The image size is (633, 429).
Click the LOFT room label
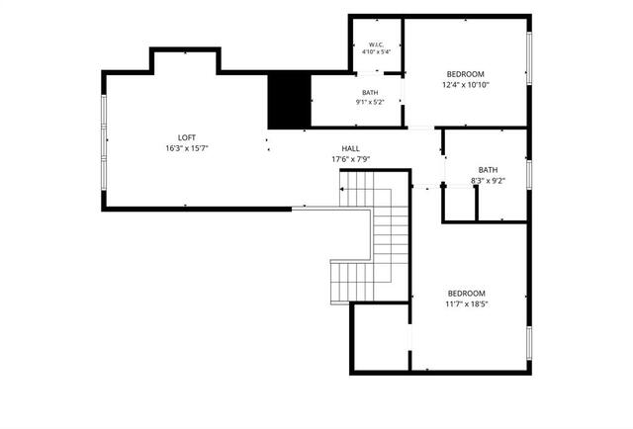click(x=187, y=137)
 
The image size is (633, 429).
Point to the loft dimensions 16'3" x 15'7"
click(x=187, y=148)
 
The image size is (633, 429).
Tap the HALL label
click(x=351, y=148)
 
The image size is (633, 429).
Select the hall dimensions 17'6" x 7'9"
click(x=351, y=159)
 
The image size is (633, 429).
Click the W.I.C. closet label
click(x=376, y=44)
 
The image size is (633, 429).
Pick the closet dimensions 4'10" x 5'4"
click(x=376, y=51)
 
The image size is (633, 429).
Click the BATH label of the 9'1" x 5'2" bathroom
click(x=370, y=93)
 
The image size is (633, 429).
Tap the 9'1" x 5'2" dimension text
click(x=370, y=102)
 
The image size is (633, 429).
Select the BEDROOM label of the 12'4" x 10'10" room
click(x=466, y=74)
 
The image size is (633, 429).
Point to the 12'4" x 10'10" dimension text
click(x=466, y=85)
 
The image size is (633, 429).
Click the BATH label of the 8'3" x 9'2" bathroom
click(x=488, y=170)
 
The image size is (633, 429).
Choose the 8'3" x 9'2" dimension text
click(x=488, y=181)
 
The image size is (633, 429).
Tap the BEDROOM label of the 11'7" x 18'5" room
click(x=467, y=294)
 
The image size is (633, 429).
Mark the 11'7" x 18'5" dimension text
click(x=467, y=303)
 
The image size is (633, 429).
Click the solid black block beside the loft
click(x=290, y=101)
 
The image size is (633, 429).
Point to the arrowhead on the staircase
click(x=342, y=189)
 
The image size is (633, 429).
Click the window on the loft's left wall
click(x=104, y=142)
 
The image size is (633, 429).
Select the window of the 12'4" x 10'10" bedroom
click(x=529, y=58)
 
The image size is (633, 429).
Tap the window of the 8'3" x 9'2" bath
click(x=529, y=175)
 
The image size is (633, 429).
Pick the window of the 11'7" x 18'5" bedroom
click(x=529, y=343)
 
